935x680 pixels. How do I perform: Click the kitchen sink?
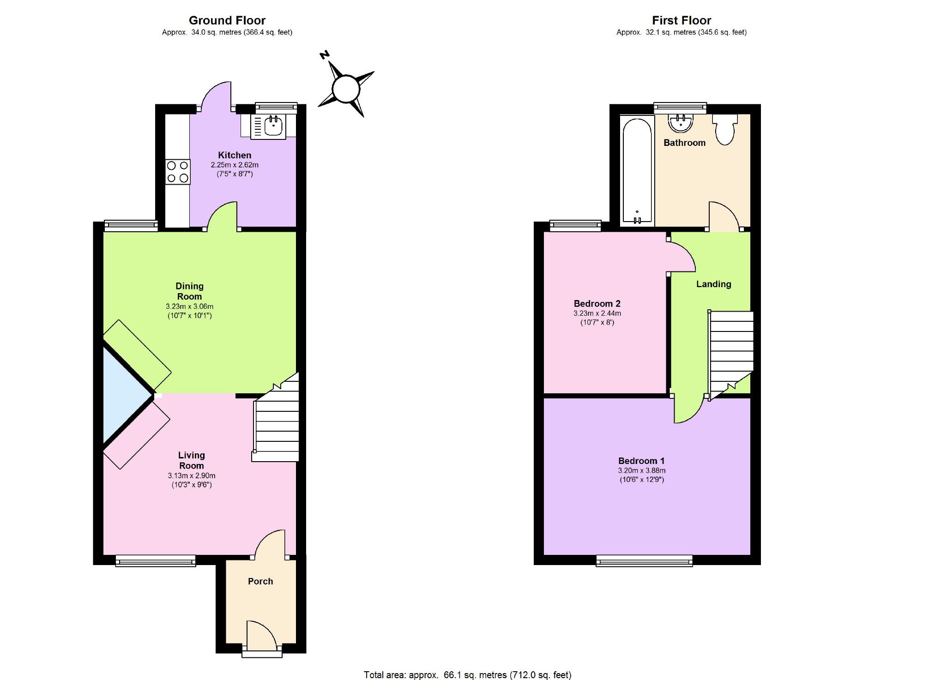[268, 126]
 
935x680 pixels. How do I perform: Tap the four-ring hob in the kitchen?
[178, 172]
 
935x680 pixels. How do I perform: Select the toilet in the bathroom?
[724, 130]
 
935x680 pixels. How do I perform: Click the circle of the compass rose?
[346, 89]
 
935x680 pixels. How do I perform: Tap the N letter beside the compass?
[325, 55]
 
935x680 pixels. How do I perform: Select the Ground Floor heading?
[227, 20]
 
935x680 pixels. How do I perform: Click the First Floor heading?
[682, 20]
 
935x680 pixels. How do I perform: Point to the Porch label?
[260, 581]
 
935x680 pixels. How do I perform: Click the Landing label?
[714, 284]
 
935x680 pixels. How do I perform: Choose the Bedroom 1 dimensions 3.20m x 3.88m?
[642, 470]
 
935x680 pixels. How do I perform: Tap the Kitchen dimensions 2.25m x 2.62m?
[235, 165]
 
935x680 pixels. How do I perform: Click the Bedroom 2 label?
[597, 303]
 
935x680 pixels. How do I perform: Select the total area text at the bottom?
[467, 675]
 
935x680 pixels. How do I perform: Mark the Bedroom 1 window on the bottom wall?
[645, 560]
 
